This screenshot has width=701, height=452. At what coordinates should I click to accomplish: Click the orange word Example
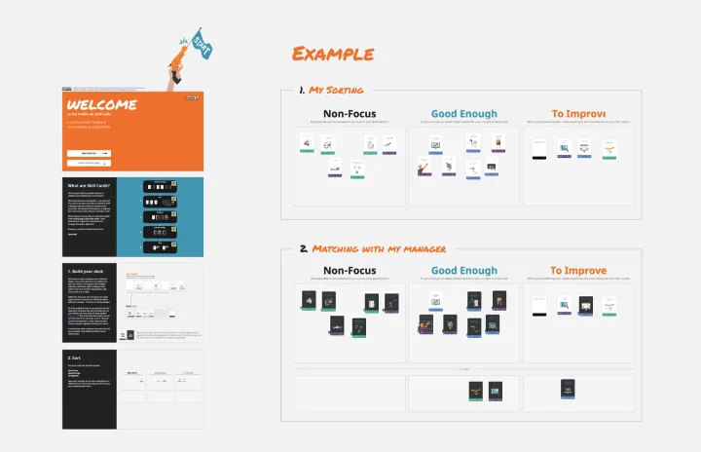pyautogui.click(x=332, y=54)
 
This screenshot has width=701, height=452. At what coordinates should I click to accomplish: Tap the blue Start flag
pyautogui.click(x=202, y=42)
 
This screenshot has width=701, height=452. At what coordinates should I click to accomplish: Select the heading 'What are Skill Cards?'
pyautogui.click(x=89, y=185)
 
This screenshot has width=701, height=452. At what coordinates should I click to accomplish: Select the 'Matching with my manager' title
pyautogui.click(x=376, y=249)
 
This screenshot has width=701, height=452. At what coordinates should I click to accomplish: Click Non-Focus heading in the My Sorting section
pyautogui.click(x=349, y=114)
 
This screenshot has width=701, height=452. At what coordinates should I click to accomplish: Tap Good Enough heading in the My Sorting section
pyautogui.click(x=463, y=114)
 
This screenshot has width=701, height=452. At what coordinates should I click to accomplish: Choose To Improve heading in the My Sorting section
pyautogui.click(x=578, y=114)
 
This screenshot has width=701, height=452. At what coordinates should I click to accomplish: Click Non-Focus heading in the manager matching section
pyautogui.click(x=349, y=271)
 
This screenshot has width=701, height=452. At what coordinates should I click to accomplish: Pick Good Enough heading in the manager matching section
pyautogui.click(x=463, y=271)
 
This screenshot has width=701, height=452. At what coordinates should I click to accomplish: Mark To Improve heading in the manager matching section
pyautogui.click(x=578, y=271)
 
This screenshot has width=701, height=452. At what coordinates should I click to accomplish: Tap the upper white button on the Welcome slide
pyautogui.click(x=89, y=153)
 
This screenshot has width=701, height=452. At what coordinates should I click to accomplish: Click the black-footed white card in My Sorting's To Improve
pyautogui.click(x=539, y=149)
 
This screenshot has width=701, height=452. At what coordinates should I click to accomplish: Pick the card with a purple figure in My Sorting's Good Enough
pyautogui.click(x=424, y=168)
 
